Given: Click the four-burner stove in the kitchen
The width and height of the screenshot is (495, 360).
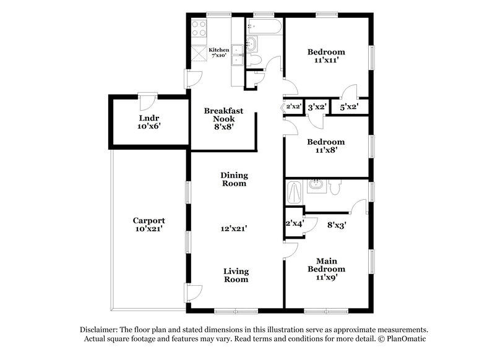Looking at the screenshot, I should pos(200,28).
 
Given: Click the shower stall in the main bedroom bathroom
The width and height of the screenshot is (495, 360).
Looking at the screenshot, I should pos(295,192).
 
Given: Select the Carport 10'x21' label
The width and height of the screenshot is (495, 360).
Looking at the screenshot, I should pos(149,225).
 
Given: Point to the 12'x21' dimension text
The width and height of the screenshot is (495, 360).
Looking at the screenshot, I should pos(235,228).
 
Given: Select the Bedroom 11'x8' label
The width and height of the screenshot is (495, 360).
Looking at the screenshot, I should pos(326,145).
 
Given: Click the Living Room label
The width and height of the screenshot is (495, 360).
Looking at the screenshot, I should pos(236,275).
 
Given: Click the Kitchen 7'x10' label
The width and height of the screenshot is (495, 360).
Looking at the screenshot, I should pos(217,53).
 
